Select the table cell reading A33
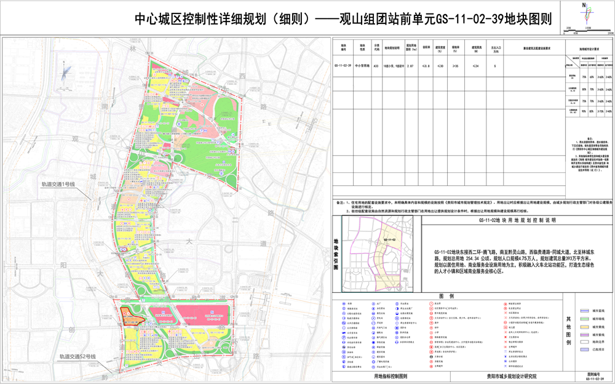point(376,64)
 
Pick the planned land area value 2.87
point(409,64)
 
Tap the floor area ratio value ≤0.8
point(425,64)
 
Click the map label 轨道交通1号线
point(58,184)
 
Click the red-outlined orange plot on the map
point(131,316)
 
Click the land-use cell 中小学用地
point(360,64)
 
